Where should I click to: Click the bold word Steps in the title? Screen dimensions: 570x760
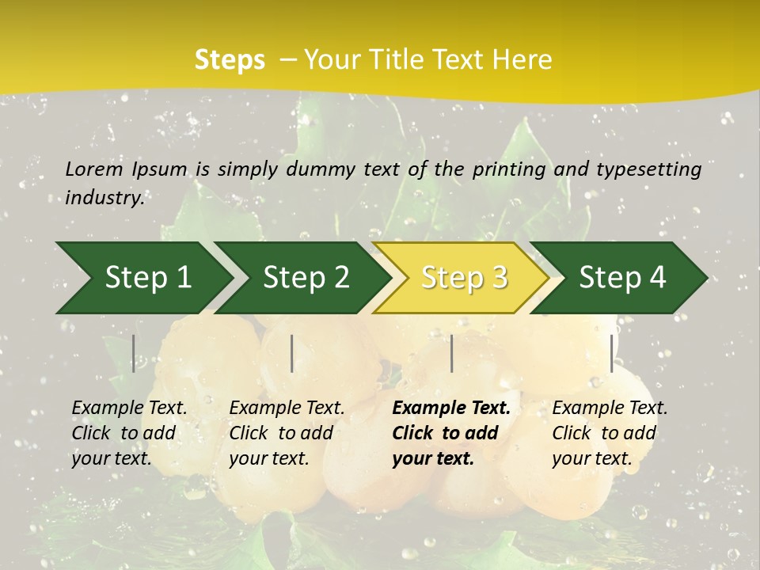[230, 60]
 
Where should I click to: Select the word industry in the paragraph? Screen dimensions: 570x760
[104, 197]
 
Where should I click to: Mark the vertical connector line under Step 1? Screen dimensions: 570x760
[134, 353]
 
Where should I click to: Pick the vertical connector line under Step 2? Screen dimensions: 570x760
[292, 353]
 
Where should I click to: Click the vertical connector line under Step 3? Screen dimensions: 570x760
[451, 353]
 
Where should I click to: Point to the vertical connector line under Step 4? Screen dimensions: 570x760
[611, 353]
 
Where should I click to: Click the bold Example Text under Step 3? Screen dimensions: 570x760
[451, 408]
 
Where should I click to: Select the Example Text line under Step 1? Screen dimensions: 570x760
[129, 408]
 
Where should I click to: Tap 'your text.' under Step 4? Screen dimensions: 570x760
[591, 458]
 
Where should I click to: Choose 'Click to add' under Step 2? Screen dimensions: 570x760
[281, 433]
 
